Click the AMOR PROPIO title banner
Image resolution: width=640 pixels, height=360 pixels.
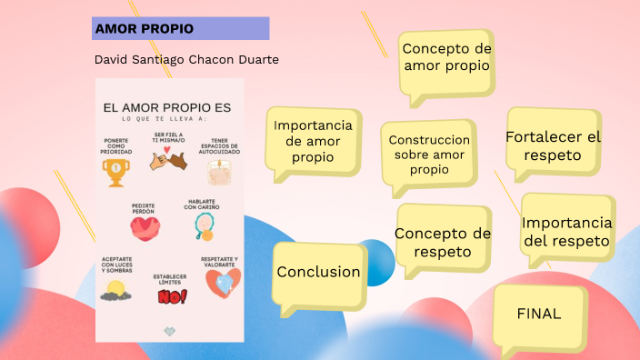[181, 28]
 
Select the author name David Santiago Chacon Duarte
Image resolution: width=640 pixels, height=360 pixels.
[186, 59]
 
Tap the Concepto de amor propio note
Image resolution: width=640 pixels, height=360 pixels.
[446, 57]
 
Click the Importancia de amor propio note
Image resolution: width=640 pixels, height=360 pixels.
[313, 141]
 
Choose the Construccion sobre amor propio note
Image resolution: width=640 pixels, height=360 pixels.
[429, 155]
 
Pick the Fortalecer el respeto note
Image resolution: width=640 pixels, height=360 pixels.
[553, 145]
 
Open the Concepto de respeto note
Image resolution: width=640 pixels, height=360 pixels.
[443, 242]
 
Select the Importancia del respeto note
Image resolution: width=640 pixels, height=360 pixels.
[566, 232]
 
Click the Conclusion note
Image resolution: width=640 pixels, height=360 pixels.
[318, 272]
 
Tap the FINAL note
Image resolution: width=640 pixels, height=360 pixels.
[539, 314]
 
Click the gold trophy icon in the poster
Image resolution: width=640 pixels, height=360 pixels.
[115, 172]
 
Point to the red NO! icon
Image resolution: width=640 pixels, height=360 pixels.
[171, 296]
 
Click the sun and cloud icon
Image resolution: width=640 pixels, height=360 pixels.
[115, 290]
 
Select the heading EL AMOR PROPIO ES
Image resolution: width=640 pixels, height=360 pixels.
[167, 107]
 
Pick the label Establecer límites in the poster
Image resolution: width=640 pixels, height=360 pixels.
[170, 278]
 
